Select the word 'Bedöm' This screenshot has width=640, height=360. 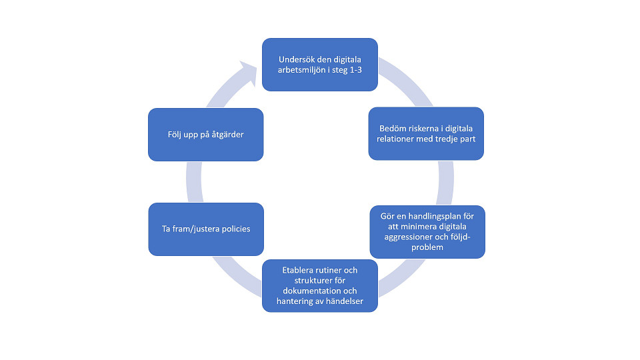coord(394,128)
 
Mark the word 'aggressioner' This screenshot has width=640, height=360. coord(415,237)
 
